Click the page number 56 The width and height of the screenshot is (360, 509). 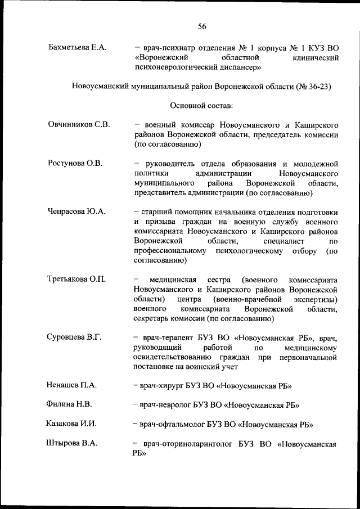(x=202, y=26)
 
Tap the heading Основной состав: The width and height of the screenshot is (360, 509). (x=201, y=105)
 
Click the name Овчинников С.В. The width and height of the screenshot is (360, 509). (x=78, y=124)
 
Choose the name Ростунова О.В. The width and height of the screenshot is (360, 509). (x=74, y=164)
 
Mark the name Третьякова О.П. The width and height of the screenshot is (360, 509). (x=76, y=280)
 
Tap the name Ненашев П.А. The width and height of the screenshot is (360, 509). (x=72, y=385)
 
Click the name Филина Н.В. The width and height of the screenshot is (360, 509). (x=69, y=404)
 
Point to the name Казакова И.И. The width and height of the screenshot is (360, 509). (x=73, y=424)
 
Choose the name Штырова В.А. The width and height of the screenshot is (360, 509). (x=72, y=443)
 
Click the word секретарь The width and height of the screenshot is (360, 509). (x=154, y=319)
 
